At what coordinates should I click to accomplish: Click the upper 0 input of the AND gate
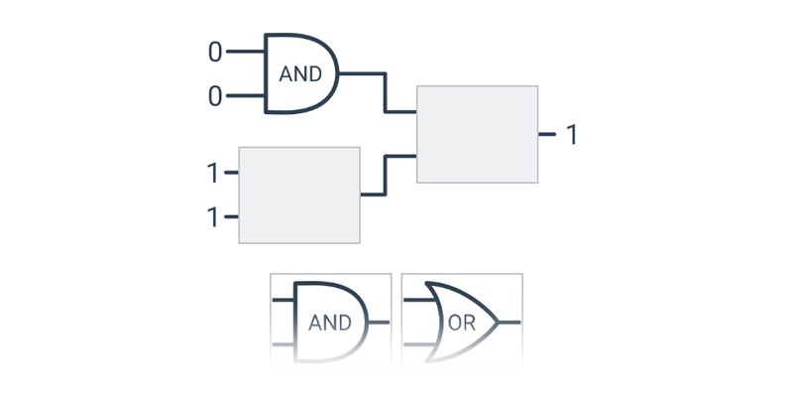click(215, 52)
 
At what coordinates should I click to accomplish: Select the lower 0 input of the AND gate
click(215, 96)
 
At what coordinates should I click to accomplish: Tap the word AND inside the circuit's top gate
click(300, 74)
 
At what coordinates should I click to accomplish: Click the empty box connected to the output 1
click(477, 134)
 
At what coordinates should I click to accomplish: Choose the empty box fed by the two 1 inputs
click(298, 195)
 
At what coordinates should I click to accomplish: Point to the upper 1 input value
click(212, 173)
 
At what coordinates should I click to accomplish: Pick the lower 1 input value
click(212, 216)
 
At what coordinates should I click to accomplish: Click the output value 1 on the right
click(571, 134)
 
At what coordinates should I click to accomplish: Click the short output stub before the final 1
click(546, 133)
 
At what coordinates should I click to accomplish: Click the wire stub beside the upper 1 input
click(231, 173)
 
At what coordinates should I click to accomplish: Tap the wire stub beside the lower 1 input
click(231, 216)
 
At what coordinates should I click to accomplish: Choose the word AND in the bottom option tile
click(330, 323)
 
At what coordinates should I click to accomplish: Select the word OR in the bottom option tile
click(462, 323)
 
